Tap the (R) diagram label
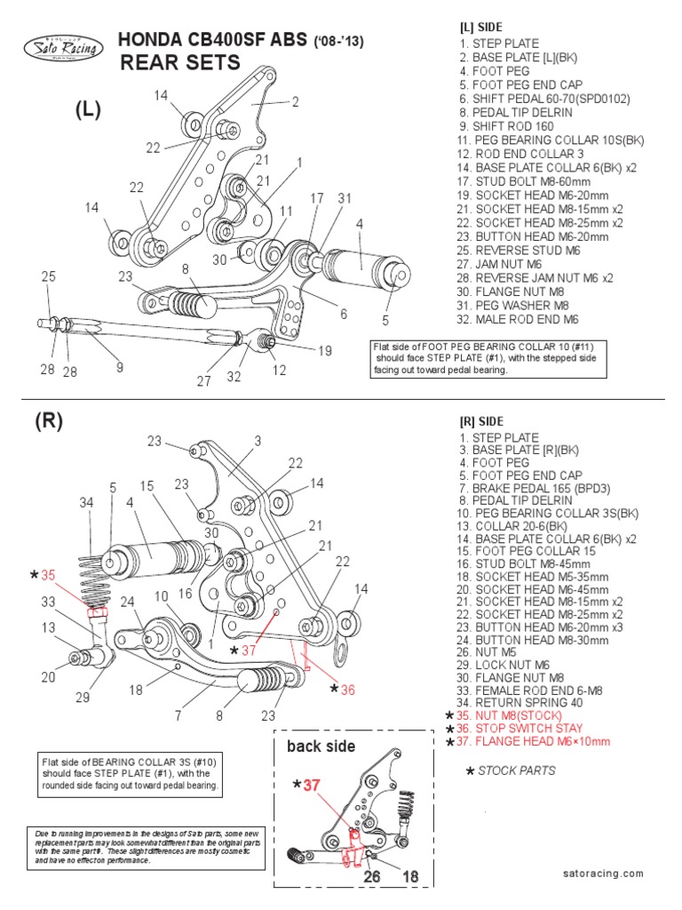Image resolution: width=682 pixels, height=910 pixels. [50, 422]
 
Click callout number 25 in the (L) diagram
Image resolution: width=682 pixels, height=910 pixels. [47, 277]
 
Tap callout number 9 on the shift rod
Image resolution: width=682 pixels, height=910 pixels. [119, 366]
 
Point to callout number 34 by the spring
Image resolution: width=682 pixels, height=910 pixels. [85, 503]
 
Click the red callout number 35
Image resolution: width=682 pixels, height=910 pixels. [46, 576]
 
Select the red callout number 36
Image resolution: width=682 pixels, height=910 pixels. [346, 690]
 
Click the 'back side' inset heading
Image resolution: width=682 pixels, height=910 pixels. [321, 746]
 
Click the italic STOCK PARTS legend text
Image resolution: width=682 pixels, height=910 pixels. [516, 770]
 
